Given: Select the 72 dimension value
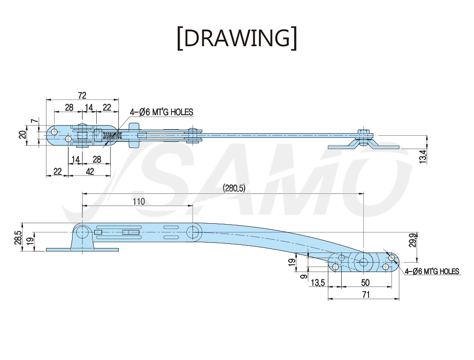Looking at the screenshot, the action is [x=82, y=96].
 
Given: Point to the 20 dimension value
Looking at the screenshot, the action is [x=23, y=135].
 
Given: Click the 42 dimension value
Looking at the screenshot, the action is [x=90, y=172].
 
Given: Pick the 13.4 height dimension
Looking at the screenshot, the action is [x=423, y=157].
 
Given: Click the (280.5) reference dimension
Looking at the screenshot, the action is [x=234, y=188].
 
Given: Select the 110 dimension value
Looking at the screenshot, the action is [x=139, y=202].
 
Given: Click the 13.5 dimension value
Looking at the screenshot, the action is [x=318, y=283].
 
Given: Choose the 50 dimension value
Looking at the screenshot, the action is [x=365, y=283].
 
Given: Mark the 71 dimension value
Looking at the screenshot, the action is [x=366, y=295].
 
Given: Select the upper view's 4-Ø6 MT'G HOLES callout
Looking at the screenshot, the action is [x=162, y=112].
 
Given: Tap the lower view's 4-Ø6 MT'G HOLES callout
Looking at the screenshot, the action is [x=432, y=272].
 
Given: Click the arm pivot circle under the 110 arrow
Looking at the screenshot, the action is [x=194, y=232].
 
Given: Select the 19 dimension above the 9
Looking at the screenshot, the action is [x=292, y=262].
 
